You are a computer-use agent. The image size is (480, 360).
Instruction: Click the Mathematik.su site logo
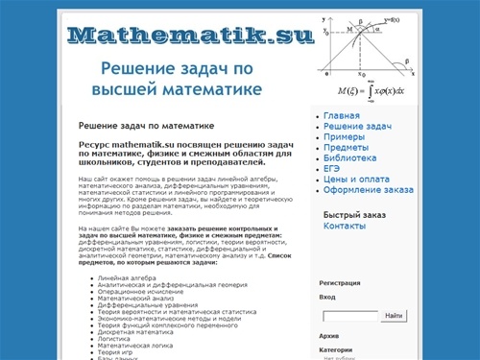[191, 36]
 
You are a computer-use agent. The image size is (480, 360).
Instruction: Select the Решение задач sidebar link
[357, 127]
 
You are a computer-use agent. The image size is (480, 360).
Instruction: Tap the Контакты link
[345, 226]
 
